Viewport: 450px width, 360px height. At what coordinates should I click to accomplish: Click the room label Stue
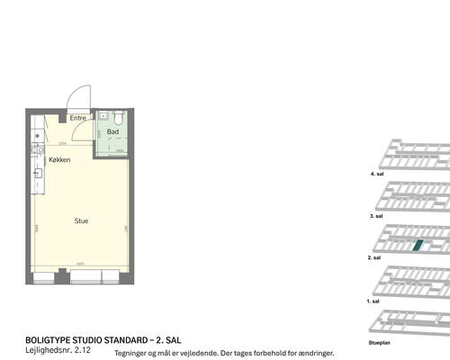[x=81, y=220]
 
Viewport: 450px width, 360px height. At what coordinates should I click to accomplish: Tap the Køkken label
[x=60, y=159]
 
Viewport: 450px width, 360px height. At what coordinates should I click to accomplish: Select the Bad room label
[x=112, y=132]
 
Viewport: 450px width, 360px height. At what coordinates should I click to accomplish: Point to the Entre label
[x=78, y=118]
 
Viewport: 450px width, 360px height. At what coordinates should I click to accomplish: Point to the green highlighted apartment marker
[x=417, y=245]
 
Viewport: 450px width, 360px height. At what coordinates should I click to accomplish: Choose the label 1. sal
[x=375, y=301]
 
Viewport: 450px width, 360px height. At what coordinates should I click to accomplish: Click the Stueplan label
[x=379, y=343]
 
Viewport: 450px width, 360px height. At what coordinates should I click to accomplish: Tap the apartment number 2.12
[x=83, y=352]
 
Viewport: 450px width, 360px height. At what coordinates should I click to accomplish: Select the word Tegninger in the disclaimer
[x=132, y=354]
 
